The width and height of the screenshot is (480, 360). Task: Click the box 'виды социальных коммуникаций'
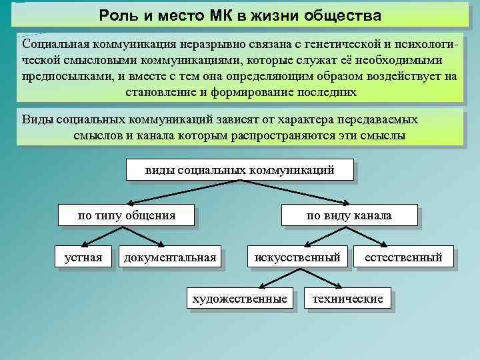pyautogui.click(x=239, y=170)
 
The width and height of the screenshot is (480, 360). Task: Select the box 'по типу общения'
pyautogui.click(x=127, y=215)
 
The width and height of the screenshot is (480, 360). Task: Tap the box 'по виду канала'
pyautogui.click(x=349, y=215)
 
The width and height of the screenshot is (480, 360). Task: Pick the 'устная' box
pyautogui.click(x=83, y=257)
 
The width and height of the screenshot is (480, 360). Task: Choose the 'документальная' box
pyautogui.click(x=170, y=257)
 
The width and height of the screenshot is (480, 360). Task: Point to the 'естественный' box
pyautogui.click(x=403, y=257)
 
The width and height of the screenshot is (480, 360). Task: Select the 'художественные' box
pyautogui.click(x=239, y=299)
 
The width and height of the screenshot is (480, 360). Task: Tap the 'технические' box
pyautogui.click(x=348, y=299)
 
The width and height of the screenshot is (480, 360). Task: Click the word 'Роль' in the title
pyautogui.click(x=117, y=15)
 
